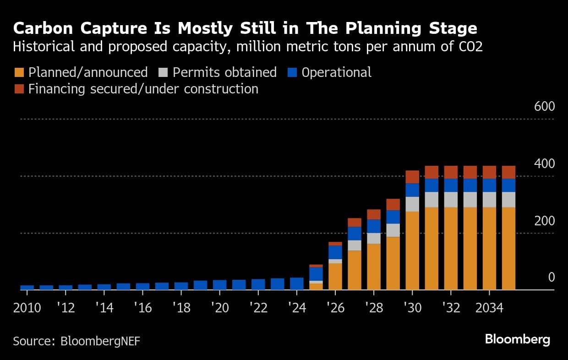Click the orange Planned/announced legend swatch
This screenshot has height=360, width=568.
(x=19, y=72)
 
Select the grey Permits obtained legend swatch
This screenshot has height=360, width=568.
(x=163, y=72)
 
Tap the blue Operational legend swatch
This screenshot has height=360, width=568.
(x=292, y=72)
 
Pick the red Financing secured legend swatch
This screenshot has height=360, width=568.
(x=19, y=88)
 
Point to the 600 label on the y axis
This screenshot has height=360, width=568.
(x=544, y=107)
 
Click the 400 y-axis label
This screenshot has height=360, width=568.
(x=544, y=164)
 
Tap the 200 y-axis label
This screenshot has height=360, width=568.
(x=544, y=221)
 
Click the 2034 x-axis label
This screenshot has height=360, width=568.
(x=489, y=307)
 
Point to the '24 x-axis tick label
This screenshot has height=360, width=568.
(x=297, y=307)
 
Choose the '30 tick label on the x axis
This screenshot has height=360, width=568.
(x=412, y=307)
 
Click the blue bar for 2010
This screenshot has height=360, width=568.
(x=27, y=288)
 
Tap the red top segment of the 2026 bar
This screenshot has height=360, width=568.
(x=335, y=244)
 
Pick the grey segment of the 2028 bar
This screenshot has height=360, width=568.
(x=374, y=238)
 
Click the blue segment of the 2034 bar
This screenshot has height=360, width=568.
(x=489, y=185)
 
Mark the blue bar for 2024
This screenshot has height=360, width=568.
(x=297, y=284)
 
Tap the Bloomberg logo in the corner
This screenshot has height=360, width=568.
(x=517, y=339)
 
